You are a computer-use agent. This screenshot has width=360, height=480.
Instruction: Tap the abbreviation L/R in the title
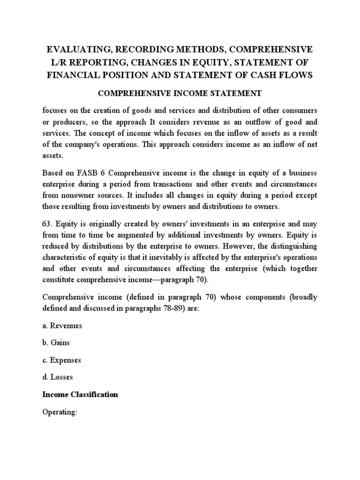(54, 62)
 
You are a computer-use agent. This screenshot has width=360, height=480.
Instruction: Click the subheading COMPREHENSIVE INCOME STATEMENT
(180, 93)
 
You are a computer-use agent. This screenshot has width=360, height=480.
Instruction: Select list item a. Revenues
(62, 325)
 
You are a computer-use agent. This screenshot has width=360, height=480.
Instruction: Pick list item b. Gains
(56, 342)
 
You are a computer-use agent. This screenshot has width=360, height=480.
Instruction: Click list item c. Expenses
(61, 360)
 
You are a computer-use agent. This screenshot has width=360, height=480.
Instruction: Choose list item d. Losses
(58, 377)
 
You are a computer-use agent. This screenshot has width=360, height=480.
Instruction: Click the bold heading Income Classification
(80, 394)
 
